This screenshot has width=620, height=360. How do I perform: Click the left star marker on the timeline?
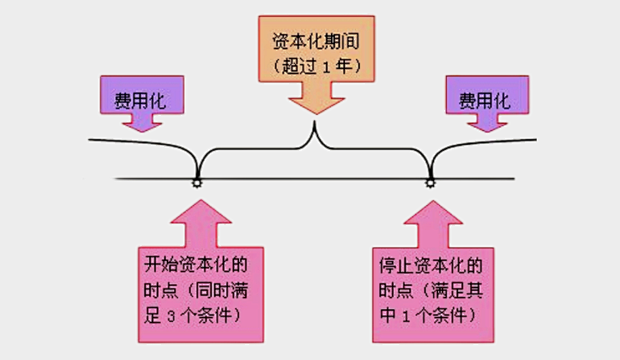[197, 182]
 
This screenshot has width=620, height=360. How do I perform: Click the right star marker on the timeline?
[430, 182]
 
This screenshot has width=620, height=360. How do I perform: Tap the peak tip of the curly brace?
[314, 125]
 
